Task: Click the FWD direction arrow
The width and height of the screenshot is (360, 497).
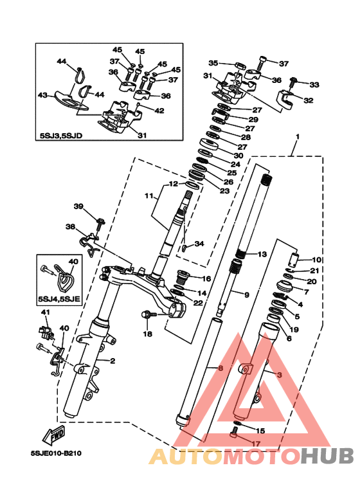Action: (54, 435)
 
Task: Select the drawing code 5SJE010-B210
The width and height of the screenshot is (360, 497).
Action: (56, 453)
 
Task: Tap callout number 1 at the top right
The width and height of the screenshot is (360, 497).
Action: (298, 136)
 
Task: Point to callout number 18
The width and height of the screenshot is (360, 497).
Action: (148, 334)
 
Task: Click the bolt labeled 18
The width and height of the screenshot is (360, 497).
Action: (149, 315)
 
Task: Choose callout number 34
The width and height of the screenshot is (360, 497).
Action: (199, 244)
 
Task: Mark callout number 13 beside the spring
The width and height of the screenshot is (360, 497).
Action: (262, 254)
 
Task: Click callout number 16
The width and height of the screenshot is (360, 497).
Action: (206, 278)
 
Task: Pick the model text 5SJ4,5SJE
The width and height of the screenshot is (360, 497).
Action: (59, 299)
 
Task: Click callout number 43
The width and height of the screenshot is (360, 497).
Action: (43, 95)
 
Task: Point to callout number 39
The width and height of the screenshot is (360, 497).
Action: (78, 206)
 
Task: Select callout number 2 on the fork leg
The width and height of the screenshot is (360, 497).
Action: (113, 361)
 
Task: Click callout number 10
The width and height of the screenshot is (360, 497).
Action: (316, 260)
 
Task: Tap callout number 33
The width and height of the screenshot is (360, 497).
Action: (314, 85)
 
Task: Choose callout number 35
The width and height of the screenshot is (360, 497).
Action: (213, 63)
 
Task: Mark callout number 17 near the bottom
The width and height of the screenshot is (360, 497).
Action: (255, 444)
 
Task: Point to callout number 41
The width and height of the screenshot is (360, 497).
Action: (46, 312)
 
